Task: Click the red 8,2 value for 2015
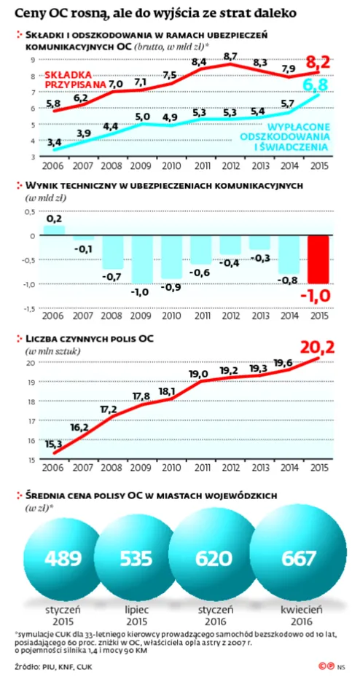tap(318, 61)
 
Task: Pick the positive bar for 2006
tap(53, 230)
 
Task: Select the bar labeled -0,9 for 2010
tap(172, 257)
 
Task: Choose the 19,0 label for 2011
tap(198, 374)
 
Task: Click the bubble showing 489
tap(63, 558)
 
